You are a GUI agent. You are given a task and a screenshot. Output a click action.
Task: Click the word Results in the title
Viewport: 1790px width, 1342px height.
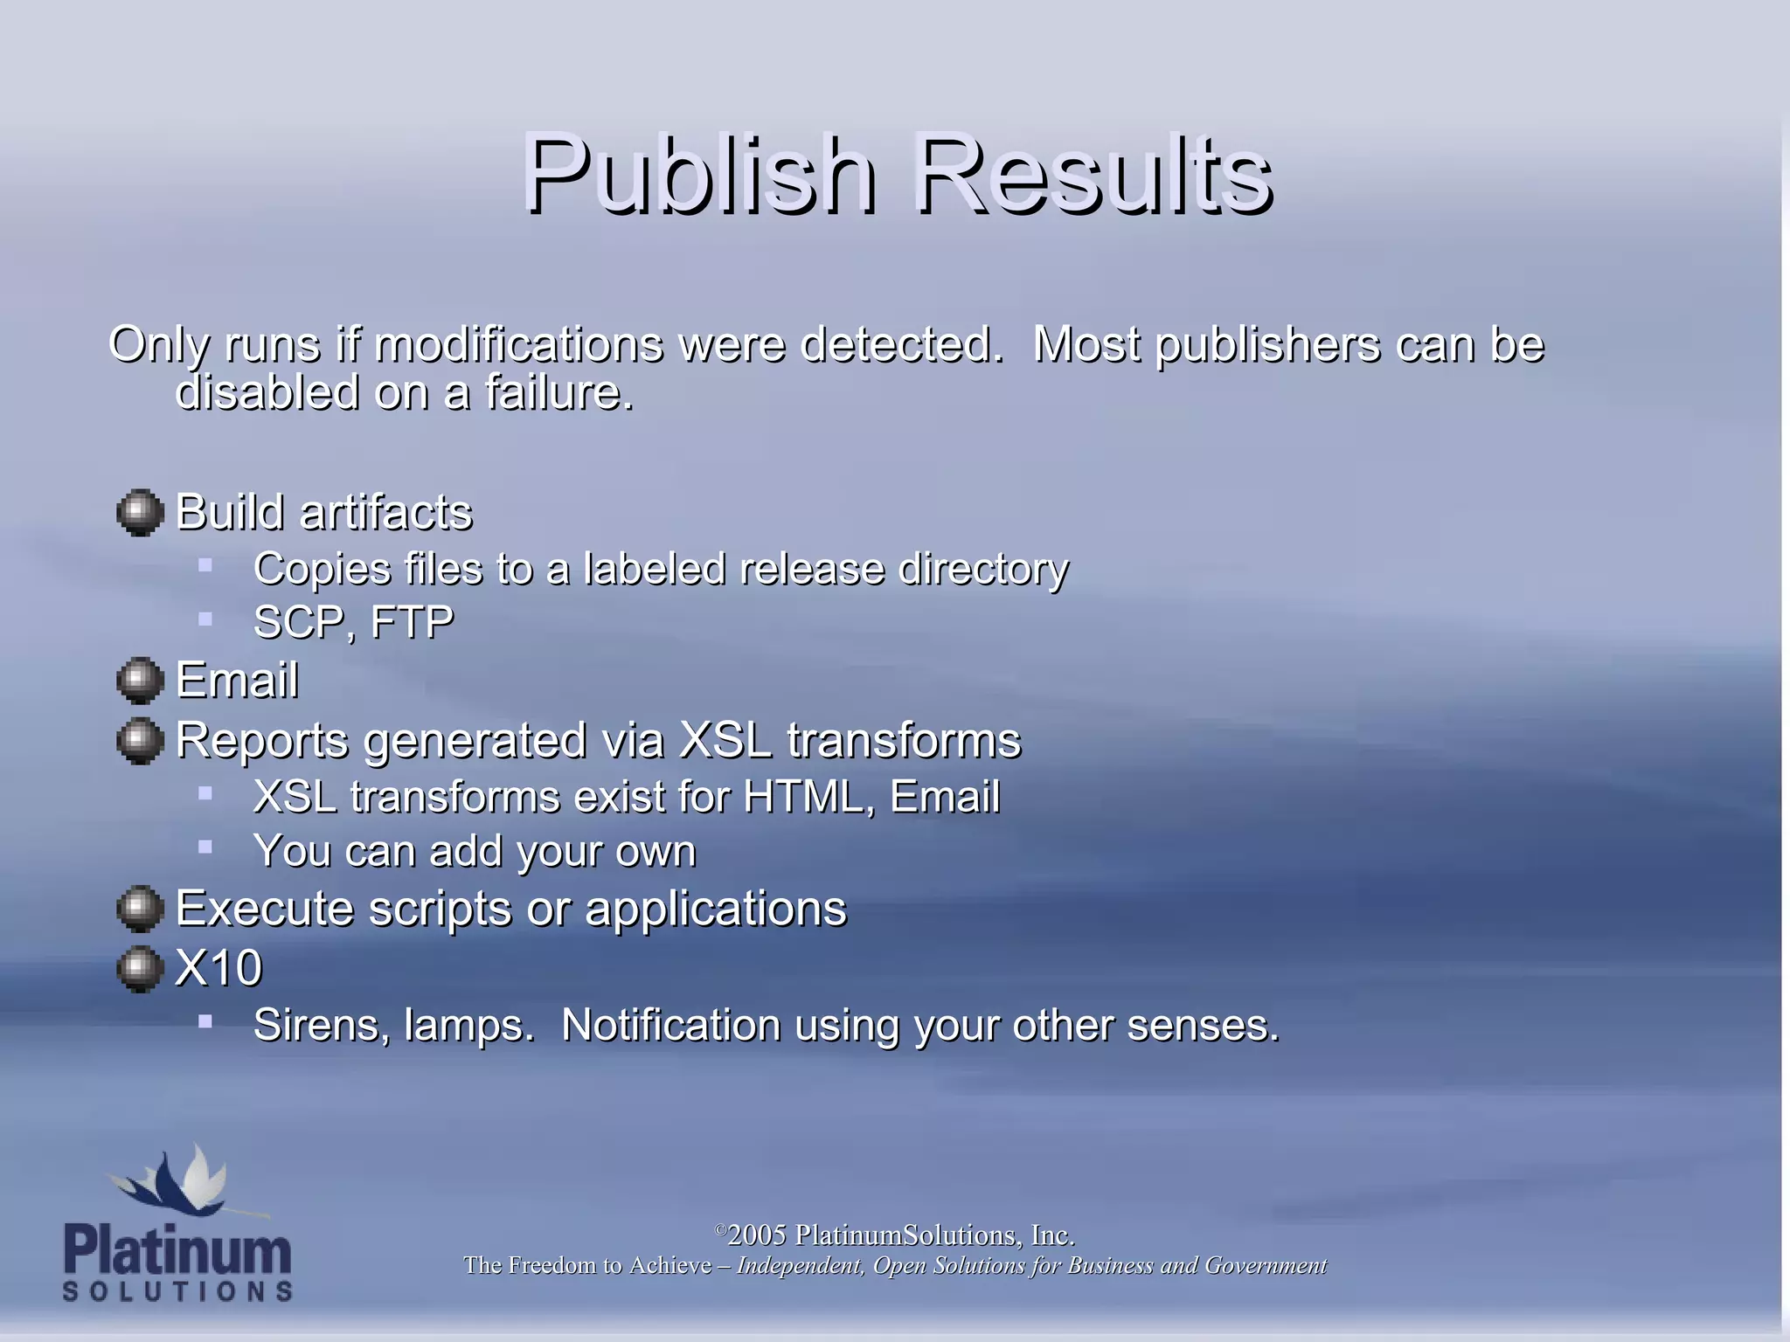tap(1092, 174)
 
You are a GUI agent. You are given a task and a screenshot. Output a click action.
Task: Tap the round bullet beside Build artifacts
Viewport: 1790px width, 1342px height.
tap(140, 512)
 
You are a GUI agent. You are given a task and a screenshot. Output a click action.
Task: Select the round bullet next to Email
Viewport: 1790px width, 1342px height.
tap(140, 680)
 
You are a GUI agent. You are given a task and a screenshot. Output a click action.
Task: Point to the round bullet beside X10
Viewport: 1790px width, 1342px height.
tap(140, 968)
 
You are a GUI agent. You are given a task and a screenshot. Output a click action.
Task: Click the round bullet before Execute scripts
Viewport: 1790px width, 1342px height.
tap(140, 909)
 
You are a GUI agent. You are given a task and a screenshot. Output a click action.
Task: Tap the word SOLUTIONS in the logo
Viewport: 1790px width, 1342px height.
tap(177, 1291)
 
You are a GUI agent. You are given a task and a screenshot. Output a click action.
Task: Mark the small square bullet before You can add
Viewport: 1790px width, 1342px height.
tap(205, 847)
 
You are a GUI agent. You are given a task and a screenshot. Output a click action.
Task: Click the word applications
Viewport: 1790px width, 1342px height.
tap(716, 909)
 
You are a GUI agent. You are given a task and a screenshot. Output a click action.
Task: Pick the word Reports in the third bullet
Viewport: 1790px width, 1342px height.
tap(263, 741)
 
